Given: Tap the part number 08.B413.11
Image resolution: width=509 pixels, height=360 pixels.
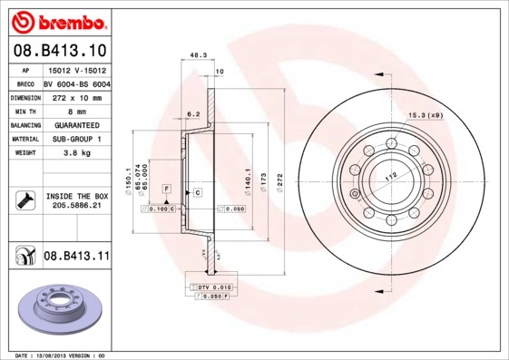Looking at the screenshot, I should point(76,257).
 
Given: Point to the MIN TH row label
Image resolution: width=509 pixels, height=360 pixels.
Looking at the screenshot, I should point(23,110).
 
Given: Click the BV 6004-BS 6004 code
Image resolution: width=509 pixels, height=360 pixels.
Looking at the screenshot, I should point(76,83).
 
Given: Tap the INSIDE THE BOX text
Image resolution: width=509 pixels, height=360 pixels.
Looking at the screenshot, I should point(76,196).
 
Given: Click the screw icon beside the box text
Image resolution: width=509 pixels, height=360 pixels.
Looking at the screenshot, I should point(24,200).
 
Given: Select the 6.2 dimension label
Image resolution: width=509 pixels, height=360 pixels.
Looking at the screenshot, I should point(192,114).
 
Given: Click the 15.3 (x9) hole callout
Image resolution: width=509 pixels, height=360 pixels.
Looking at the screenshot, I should point(424,114).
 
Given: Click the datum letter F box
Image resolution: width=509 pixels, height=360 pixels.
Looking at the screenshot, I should point(166,188).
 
